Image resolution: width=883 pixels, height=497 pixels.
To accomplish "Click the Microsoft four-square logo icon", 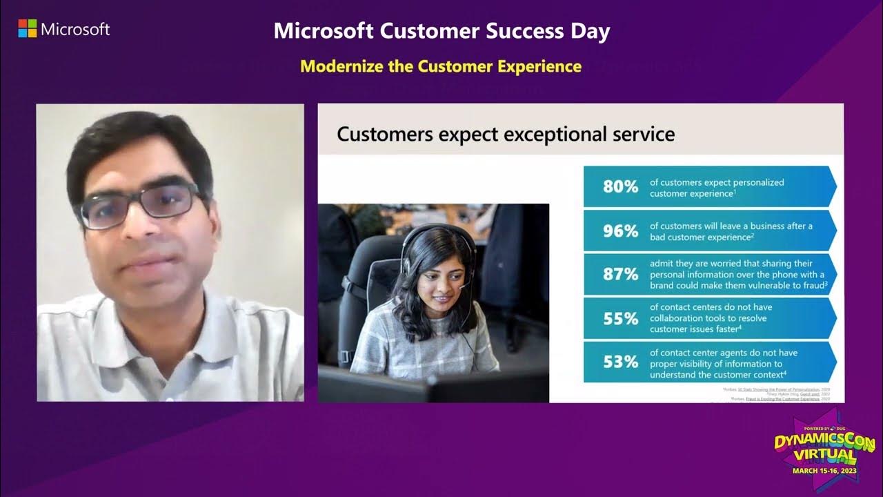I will coord(27,29).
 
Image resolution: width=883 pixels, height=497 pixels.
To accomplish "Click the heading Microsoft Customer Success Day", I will coord(441,31).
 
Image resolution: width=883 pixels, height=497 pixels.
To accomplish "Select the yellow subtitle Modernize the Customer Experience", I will coord(441,66).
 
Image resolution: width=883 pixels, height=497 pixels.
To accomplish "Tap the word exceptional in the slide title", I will coord(546,133).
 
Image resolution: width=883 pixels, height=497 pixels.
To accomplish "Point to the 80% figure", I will coord(620,186).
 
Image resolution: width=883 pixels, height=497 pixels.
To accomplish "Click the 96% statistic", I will coord(620,231).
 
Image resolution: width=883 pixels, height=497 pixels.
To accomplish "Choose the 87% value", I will coord(620,275).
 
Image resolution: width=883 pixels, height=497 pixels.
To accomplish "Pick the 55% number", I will coord(620,319).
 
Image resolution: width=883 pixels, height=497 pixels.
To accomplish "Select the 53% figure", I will coord(620,362).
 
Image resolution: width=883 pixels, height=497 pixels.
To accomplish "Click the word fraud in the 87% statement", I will coord(811,285).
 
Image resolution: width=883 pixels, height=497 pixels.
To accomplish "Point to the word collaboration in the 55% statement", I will coord(680,318).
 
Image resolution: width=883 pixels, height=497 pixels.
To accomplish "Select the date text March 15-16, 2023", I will coord(824,471).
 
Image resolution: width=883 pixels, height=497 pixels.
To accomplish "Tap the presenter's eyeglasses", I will coord(138,205).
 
